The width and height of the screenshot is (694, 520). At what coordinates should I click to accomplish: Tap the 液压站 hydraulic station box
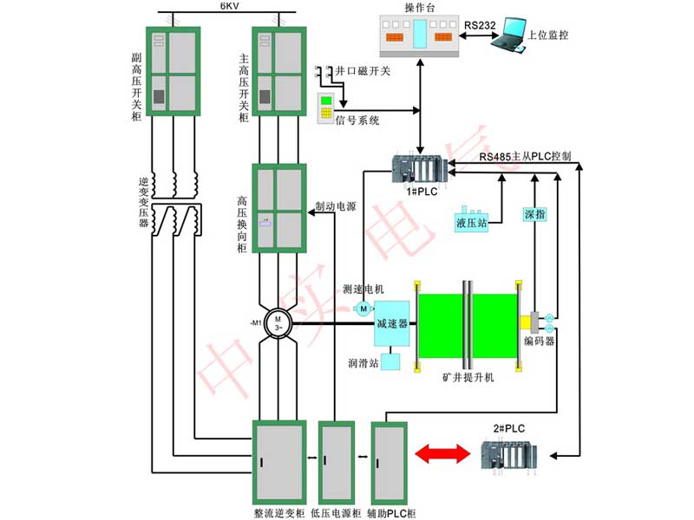(471, 221)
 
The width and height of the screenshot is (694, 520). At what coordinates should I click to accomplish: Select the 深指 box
(535, 213)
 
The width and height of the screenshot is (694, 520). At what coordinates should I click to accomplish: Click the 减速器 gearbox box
(390, 323)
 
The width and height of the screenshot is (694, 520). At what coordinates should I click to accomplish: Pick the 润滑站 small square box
(390, 362)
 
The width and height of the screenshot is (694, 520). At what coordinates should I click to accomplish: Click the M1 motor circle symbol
(278, 324)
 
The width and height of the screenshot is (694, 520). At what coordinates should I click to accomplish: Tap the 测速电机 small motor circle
(363, 309)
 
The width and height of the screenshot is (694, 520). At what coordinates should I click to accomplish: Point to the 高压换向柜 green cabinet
(278, 208)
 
